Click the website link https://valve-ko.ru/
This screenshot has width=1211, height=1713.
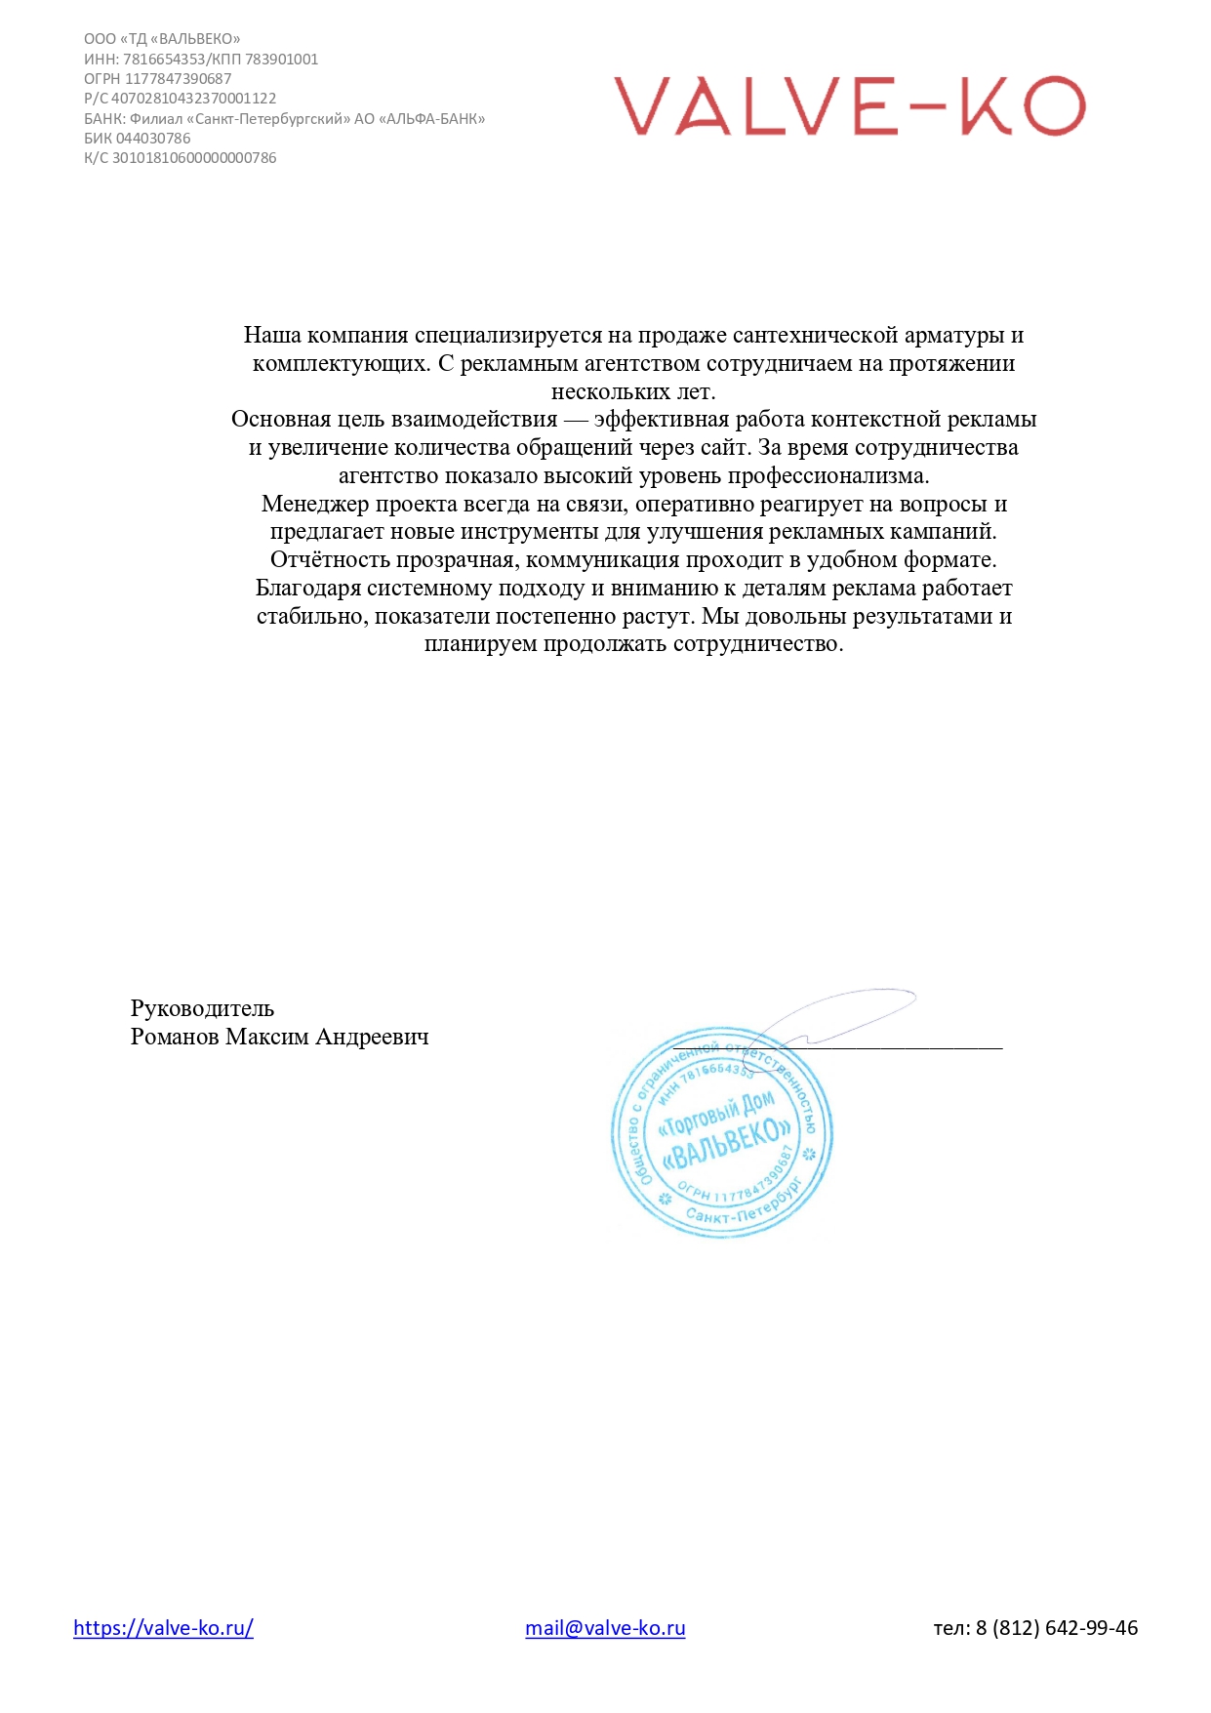[163, 1627]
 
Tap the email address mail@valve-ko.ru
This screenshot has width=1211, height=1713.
[605, 1627]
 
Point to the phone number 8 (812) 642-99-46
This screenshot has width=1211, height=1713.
[1056, 1627]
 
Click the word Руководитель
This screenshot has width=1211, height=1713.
[202, 1008]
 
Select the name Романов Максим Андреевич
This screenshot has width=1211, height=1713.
[279, 1037]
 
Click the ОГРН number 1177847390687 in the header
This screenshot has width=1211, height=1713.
[178, 79]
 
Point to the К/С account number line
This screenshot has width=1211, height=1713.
[181, 158]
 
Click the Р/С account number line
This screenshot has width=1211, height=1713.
[181, 99]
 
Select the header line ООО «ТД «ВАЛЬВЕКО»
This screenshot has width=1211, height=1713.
[162, 39]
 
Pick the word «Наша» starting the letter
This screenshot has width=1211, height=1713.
[271, 336]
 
